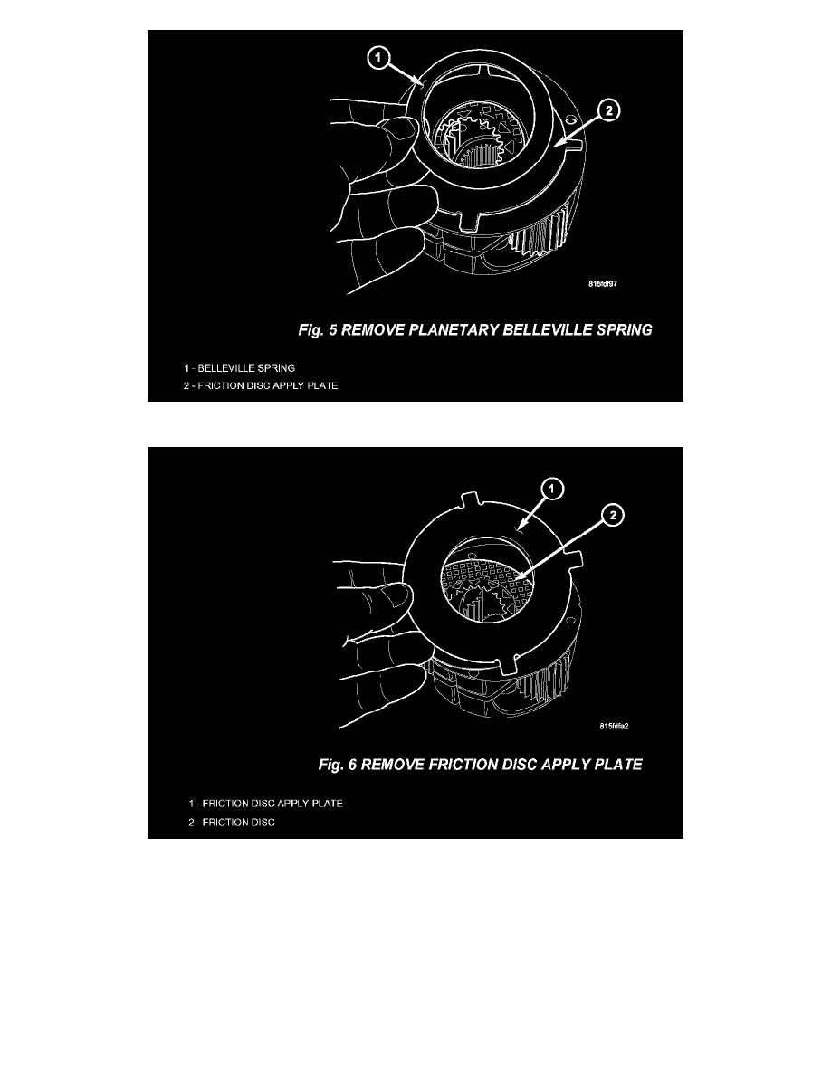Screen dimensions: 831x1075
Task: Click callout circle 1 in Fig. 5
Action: tap(378, 58)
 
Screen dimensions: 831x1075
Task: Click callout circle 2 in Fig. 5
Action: tap(609, 109)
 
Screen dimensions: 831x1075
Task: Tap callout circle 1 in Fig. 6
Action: tap(552, 489)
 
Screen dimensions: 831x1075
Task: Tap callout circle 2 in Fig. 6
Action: tap(612, 515)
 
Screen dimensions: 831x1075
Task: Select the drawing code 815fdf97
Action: tap(603, 284)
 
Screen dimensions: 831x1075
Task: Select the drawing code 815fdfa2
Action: tap(614, 726)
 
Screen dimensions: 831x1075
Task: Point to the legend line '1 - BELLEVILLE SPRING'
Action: tap(239, 368)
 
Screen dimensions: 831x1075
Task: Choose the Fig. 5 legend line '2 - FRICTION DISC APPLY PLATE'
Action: tap(261, 386)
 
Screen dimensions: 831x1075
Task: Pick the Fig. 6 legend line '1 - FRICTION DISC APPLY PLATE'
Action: tap(265, 804)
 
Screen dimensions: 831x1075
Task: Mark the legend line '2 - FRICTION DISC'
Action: tap(232, 822)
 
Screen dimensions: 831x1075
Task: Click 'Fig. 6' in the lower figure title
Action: tap(338, 765)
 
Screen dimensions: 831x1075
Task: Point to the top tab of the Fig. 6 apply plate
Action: tap(469, 499)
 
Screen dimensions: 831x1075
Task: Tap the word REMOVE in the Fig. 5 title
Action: tap(372, 329)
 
